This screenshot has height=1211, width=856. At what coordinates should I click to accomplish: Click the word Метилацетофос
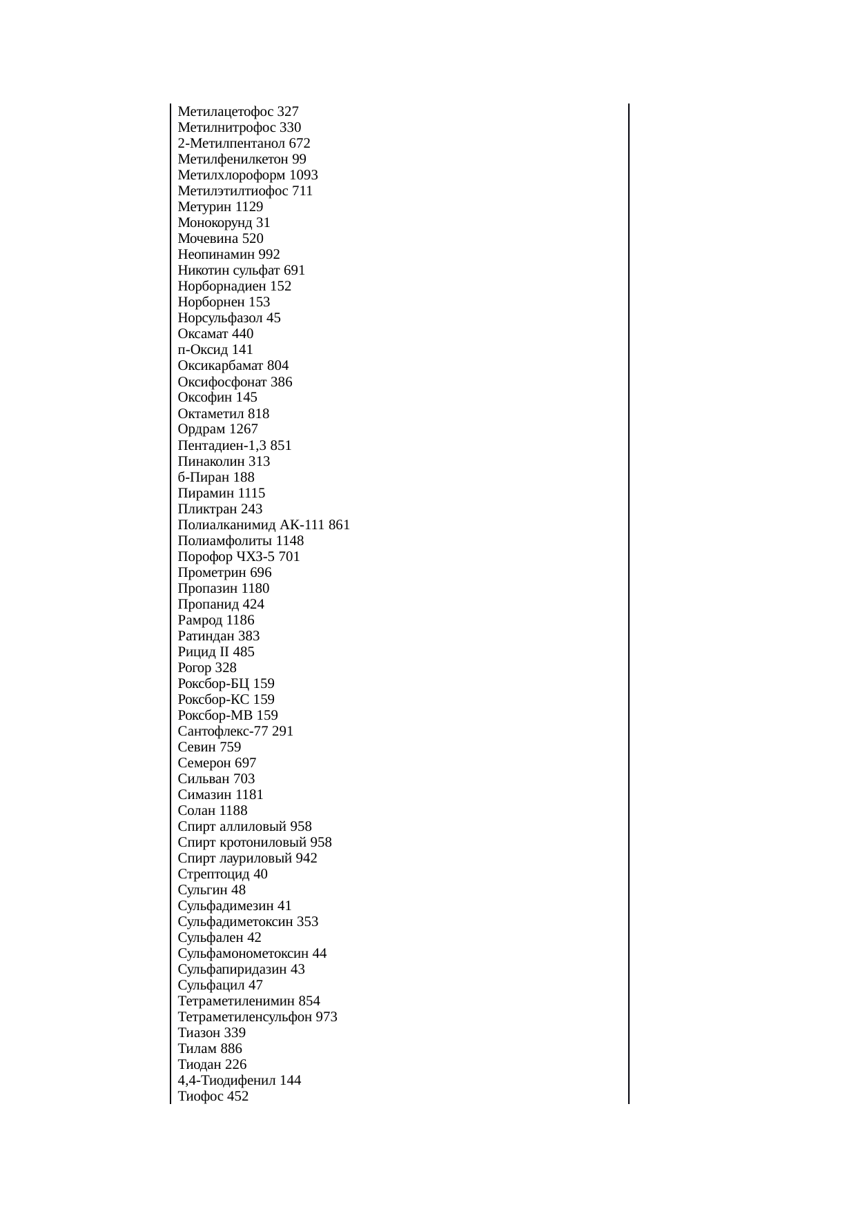click(x=226, y=112)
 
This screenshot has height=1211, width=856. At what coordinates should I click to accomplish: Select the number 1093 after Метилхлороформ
click(x=304, y=175)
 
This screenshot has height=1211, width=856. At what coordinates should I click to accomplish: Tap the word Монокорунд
click(x=215, y=223)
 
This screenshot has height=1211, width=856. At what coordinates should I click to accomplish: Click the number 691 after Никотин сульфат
click(x=294, y=270)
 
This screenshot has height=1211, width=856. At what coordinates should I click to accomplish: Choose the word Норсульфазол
click(x=220, y=318)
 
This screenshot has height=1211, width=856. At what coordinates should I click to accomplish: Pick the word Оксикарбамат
click(x=221, y=366)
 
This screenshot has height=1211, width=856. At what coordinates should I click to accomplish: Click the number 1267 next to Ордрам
click(x=244, y=429)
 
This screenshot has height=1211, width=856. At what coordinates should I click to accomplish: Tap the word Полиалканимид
click(x=226, y=525)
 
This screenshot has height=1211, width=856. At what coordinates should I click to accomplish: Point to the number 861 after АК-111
click(x=339, y=525)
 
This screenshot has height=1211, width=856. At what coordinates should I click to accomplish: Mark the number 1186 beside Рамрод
click(x=240, y=620)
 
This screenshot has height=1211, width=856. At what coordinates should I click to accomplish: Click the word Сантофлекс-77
click(x=223, y=731)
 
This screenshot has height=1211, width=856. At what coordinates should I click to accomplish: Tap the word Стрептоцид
click(x=214, y=874)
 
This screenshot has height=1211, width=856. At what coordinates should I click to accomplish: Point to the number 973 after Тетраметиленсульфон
click(x=327, y=1017)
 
